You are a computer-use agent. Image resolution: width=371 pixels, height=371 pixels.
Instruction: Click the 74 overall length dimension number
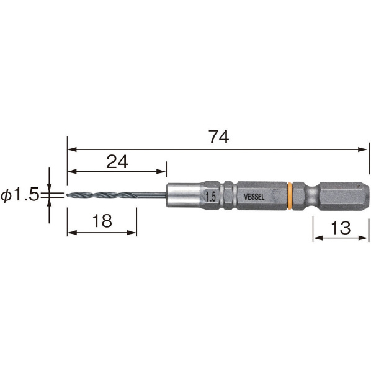tap(219, 136)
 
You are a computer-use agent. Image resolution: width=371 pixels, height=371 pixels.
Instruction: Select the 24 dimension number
tap(117, 161)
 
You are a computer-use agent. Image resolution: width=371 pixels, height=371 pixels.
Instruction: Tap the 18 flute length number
tap(102, 221)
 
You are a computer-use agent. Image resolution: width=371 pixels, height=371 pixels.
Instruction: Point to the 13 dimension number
tap(341, 228)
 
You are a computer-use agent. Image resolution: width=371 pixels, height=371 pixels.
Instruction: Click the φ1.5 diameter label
tap(20, 195)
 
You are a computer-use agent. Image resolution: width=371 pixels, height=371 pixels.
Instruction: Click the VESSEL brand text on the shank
tap(254, 197)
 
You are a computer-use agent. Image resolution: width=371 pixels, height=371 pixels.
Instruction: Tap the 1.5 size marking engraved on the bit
tap(210, 197)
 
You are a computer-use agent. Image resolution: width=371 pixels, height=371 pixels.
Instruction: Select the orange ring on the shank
tap(290, 195)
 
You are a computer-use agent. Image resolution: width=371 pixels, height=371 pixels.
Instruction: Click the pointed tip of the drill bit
tap(67, 195)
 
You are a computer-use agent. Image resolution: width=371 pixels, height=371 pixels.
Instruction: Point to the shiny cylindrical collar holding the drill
tap(184, 195)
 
